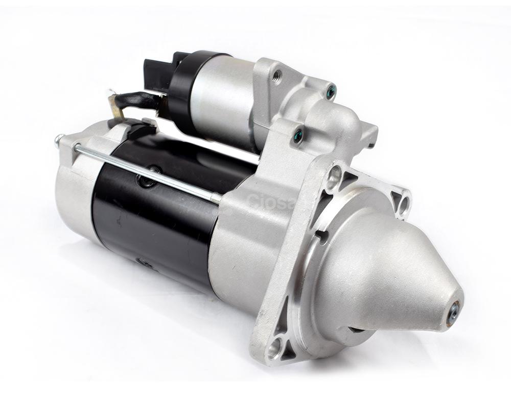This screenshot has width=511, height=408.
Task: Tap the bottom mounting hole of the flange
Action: [x=274, y=348]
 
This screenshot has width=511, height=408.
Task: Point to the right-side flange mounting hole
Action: [x=404, y=202]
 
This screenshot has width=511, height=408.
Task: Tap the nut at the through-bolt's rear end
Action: [x=59, y=141]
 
